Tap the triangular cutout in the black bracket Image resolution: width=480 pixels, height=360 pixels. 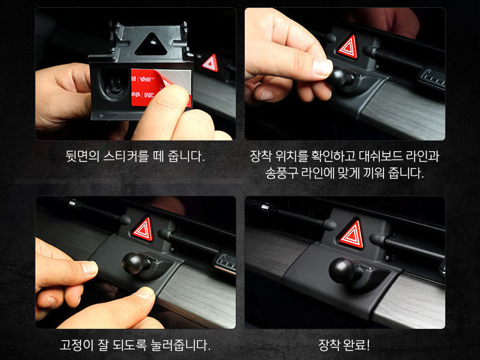click(x=151, y=46)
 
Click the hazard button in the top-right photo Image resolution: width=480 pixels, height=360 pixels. click(x=348, y=47)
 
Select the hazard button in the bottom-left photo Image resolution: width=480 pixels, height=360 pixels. click(x=143, y=229)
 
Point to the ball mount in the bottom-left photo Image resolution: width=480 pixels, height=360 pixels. click(x=135, y=263)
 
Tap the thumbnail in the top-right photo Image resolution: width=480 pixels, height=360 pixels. click(x=323, y=67)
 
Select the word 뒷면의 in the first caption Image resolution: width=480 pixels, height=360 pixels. click(x=83, y=157)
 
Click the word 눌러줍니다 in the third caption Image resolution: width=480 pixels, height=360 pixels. click(x=181, y=345)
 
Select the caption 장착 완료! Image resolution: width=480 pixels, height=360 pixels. click(x=344, y=345)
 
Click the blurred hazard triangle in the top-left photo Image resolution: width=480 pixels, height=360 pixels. click(x=211, y=63)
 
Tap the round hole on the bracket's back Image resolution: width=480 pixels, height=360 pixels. click(x=114, y=83)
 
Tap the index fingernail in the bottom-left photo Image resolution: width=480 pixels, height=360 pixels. click(x=89, y=268)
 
